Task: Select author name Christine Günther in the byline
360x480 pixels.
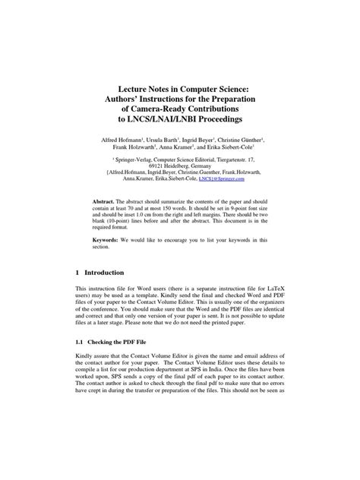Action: click(251, 141)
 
